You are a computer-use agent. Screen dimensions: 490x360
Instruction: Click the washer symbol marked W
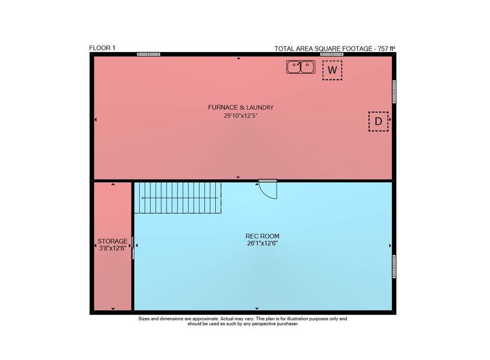(332, 70)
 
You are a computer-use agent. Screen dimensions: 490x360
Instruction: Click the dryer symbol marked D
(378, 121)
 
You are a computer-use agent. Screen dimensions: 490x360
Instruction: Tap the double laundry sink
(301, 67)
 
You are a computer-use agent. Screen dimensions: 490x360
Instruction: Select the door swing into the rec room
(268, 190)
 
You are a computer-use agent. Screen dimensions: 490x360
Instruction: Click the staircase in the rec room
(178, 198)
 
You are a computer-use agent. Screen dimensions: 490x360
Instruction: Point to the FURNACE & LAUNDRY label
(241, 107)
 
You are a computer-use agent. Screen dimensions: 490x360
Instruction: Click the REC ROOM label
(262, 236)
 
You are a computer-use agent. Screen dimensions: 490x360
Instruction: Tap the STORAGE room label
(113, 241)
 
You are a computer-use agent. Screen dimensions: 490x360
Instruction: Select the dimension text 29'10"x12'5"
(241, 116)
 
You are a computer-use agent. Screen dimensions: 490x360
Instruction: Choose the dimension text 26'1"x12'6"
(262, 243)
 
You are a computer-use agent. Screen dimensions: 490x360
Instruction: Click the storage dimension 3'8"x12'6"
(113, 248)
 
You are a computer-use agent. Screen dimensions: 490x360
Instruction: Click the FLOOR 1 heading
(102, 48)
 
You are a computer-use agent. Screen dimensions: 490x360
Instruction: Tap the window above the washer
(332, 54)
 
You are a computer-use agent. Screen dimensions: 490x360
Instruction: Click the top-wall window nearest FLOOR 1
(148, 54)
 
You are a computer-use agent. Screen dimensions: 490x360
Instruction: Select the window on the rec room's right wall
(394, 266)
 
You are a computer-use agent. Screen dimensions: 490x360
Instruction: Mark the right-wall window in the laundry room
(394, 92)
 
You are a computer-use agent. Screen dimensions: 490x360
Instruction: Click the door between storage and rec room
(132, 248)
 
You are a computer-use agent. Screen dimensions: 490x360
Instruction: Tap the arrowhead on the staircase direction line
(143, 198)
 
